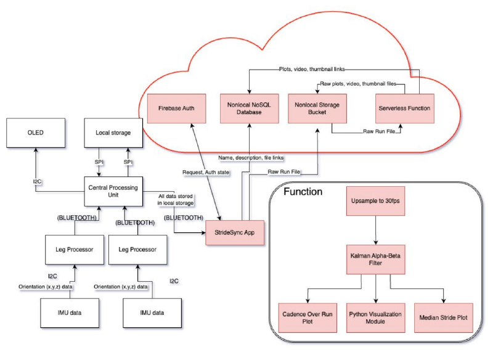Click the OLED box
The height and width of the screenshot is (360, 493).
tap(35, 133)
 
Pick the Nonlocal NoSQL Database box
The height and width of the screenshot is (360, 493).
tap(249, 108)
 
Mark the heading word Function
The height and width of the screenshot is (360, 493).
tap(303, 192)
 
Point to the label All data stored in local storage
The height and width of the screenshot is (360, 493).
tap(176, 198)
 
